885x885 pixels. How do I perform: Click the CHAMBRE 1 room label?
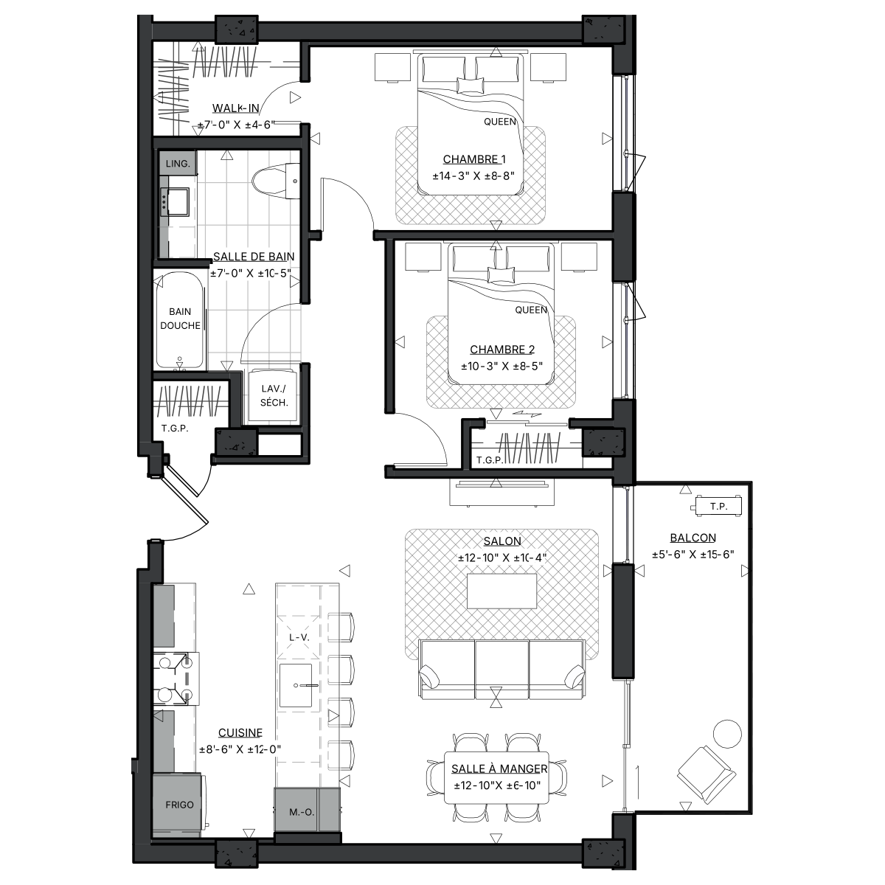click(x=474, y=159)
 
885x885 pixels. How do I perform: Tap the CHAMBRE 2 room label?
click(x=502, y=350)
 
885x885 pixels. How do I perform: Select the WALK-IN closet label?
click(x=235, y=108)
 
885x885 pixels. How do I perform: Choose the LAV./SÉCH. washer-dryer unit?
click(x=274, y=395)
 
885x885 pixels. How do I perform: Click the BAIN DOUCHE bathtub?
click(x=179, y=319)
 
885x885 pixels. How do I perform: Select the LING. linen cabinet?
click(x=178, y=164)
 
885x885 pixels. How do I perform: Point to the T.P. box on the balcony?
click(x=718, y=506)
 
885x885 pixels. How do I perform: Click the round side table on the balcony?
click(x=727, y=734)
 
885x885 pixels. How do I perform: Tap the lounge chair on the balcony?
click(x=707, y=774)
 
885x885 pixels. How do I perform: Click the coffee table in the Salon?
click(x=502, y=591)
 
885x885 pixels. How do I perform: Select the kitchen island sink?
click(x=296, y=685)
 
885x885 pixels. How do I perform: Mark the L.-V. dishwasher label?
click(x=299, y=637)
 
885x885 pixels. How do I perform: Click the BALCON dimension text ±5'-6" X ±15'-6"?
click(x=693, y=555)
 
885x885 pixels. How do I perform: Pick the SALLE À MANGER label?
click(x=499, y=768)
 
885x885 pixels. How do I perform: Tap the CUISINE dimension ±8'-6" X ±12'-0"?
click(x=240, y=749)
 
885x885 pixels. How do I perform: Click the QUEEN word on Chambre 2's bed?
click(x=531, y=310)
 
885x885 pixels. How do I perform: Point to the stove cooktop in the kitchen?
click(x=176, y=678)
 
